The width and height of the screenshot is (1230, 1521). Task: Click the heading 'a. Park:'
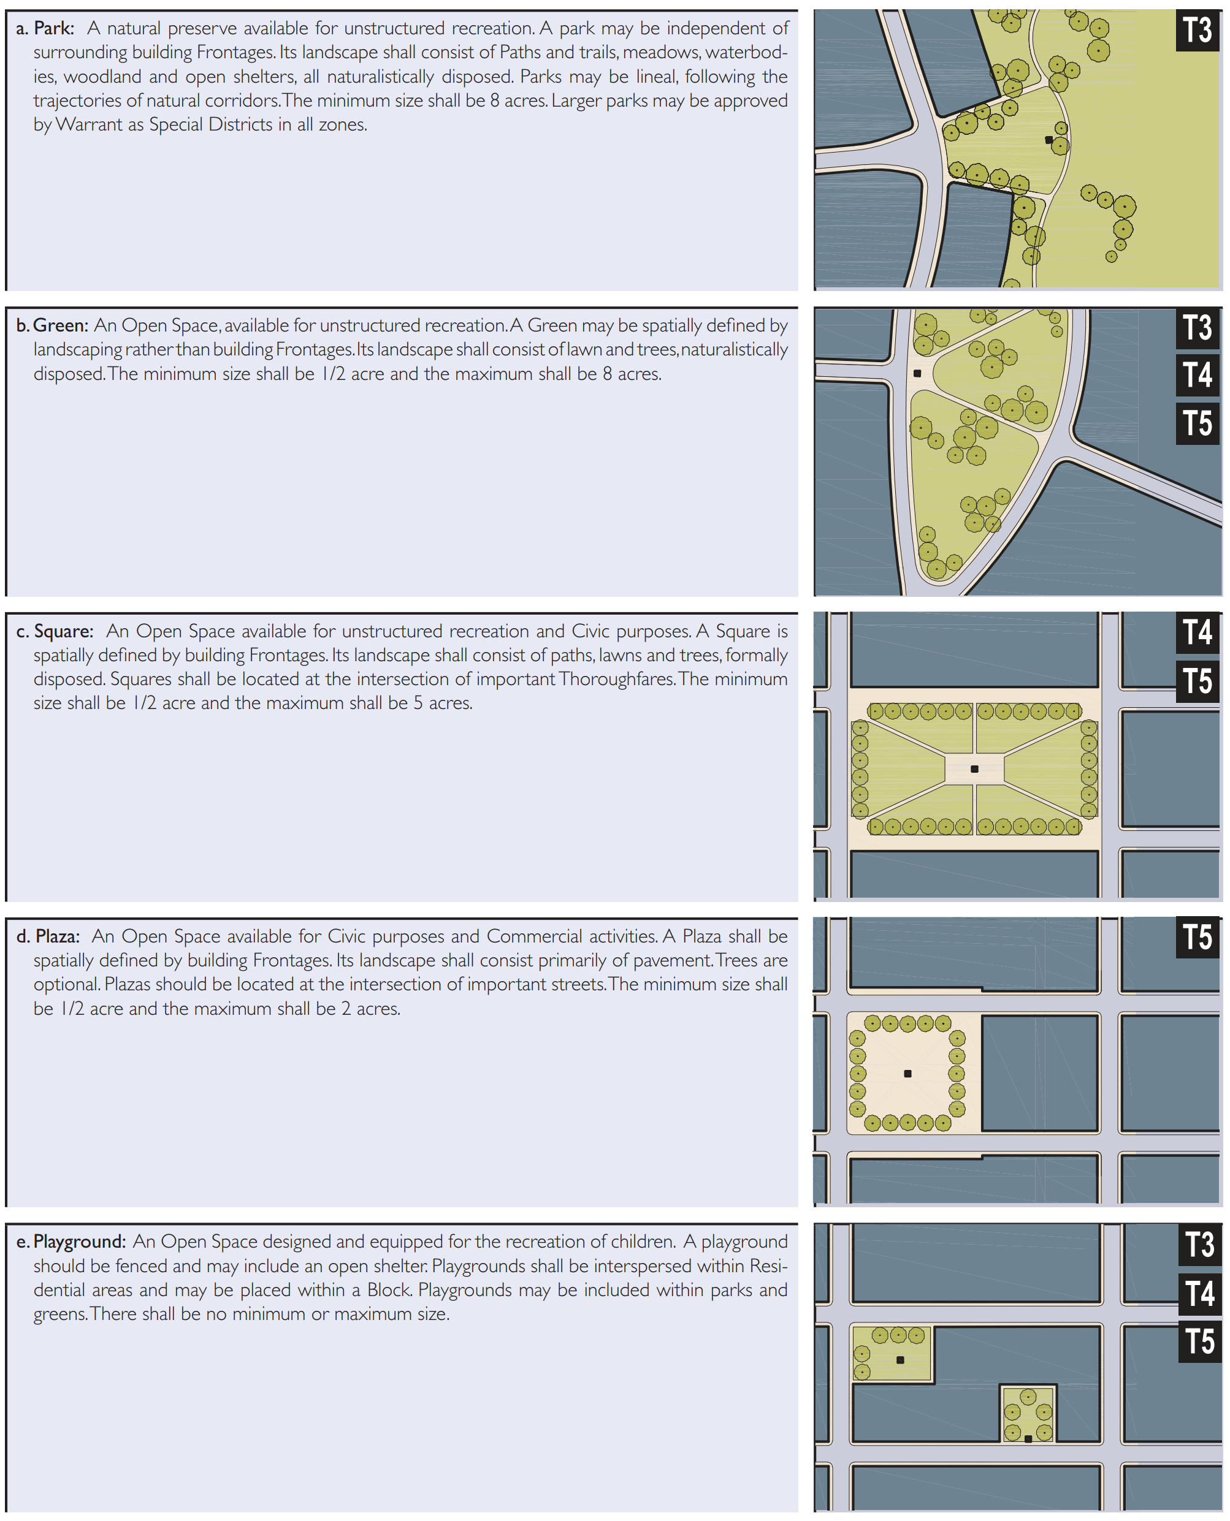pyautogui.click(x=45, y=28)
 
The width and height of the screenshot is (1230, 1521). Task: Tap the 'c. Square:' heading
pyautogui.click(x=55, y=631)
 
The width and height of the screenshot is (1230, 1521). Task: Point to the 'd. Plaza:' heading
pyautogui.click(x=47, y=936)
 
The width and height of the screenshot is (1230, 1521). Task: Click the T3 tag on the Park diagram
pyautogui.click(x=1198, y=31)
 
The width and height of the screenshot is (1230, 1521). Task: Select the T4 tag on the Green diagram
pyautogui.click(x=1198, y=374)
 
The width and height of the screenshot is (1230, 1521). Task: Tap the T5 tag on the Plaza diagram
pyautogui.click(x=1198, y=938)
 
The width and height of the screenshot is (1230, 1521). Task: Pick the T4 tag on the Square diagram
pyautogui.click(x=1198, y=632)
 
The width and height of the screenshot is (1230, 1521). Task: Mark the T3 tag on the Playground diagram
pyautogui.click(x=1199, y=1245)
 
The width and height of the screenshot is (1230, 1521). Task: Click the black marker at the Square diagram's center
pyautogui.click(x=974, y=769)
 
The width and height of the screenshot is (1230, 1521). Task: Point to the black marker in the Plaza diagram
pyautogui.click(x=907, y=1074)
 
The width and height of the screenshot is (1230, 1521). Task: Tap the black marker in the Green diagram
pyautogui.click(x=917, y=373)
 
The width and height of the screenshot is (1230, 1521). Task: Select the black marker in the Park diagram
pyautogui.click(x=1049, y=140)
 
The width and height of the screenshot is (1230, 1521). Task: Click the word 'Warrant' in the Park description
pyautogui.click(x=88, y=124)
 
